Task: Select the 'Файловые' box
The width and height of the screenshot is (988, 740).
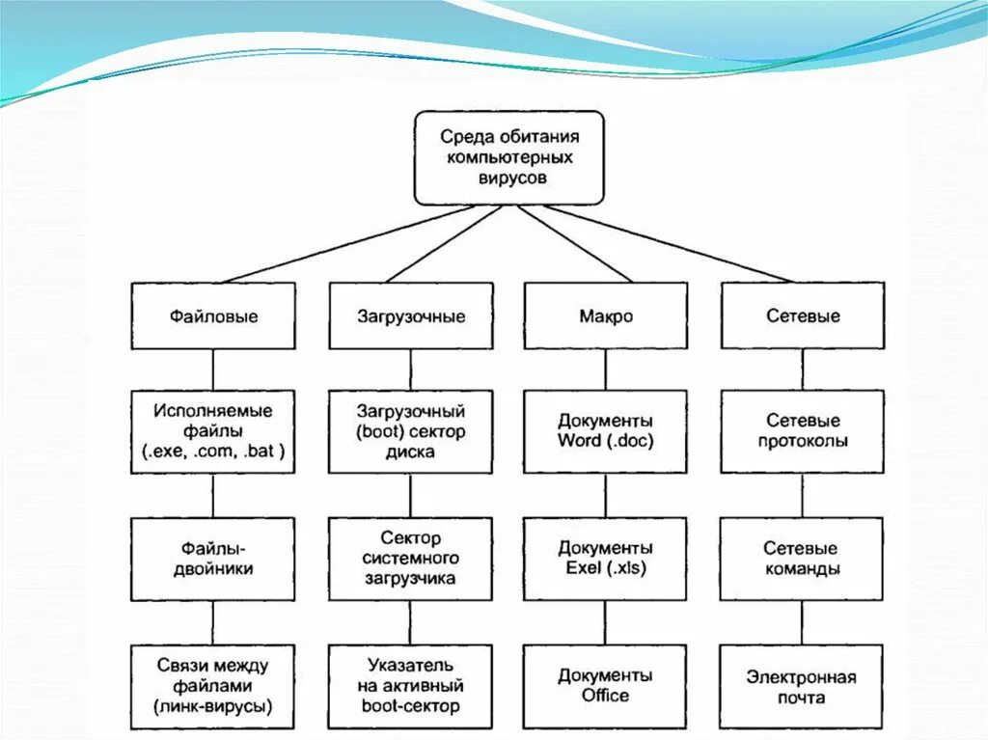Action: pos(213,315)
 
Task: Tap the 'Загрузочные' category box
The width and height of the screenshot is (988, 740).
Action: pos(411,315)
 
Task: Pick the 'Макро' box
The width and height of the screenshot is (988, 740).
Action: pos(606,315)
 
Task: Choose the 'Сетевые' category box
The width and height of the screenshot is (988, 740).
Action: pos(803,315)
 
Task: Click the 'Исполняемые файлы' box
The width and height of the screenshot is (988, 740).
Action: pos(213,430)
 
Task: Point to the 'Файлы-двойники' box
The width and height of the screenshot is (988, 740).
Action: pos(213,559)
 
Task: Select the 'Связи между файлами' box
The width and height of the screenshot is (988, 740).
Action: pos(213,686)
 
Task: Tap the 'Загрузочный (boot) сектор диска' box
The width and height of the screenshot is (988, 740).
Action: pos(411,430)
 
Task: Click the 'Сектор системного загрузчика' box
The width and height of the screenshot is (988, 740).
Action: pos(411,559)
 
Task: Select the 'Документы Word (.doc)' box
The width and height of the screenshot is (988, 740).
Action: pos(606,430)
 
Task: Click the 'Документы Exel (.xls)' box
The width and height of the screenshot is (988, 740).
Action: pos(606,559)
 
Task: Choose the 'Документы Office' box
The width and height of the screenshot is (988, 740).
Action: pos(606,686)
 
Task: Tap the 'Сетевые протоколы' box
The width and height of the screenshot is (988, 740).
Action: pos(803,430)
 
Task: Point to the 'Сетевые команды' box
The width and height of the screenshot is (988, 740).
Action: pos(803,559)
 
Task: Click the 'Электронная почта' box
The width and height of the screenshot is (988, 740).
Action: pos(803,686)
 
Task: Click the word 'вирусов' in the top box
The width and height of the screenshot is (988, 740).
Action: pos(510,178)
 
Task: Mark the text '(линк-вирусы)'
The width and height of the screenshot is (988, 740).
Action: pos(213,707)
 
